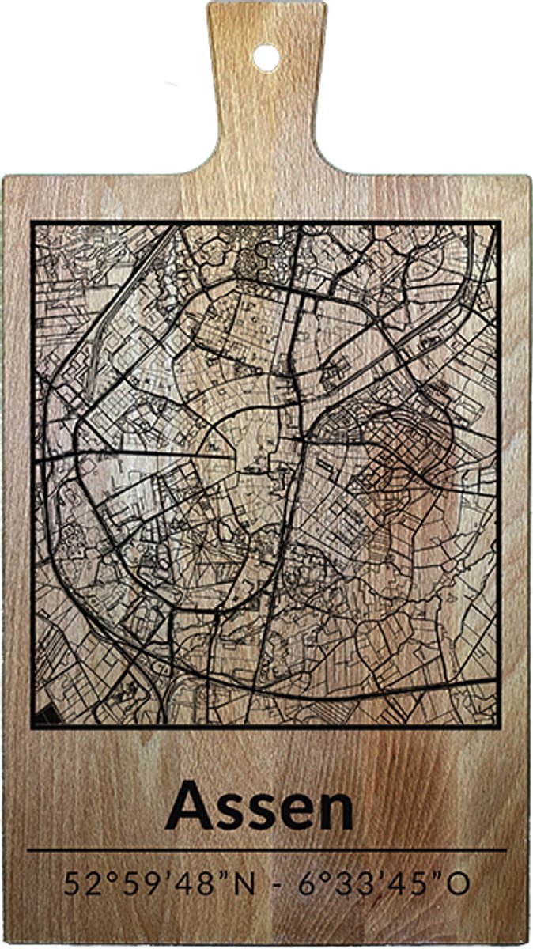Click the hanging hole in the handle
pos(266,56)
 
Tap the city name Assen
pos(259,807)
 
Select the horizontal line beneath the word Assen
pos(266,850)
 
